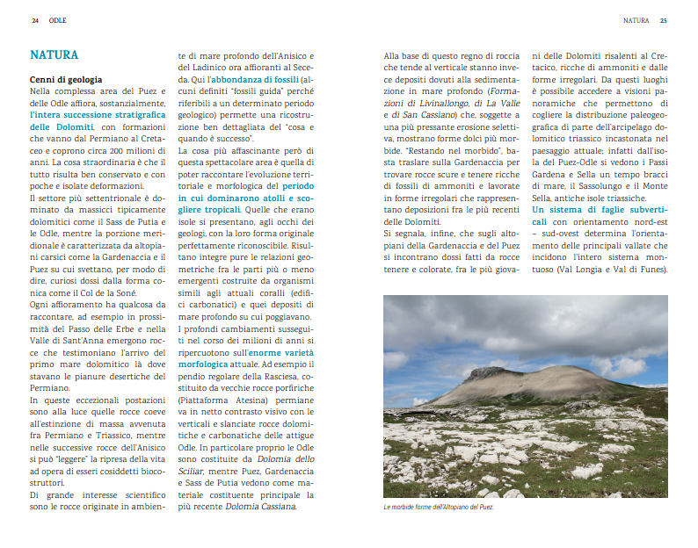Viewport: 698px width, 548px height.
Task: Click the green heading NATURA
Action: click(54, 55)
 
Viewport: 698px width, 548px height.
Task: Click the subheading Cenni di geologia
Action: click(66, 80)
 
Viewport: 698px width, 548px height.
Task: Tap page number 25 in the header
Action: click(664, 19)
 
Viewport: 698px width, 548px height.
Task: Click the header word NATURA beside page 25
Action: click(636, 19)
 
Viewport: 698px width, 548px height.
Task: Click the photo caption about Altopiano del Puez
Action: click(439, 508)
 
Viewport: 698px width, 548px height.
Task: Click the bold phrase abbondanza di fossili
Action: click(251, 79)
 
